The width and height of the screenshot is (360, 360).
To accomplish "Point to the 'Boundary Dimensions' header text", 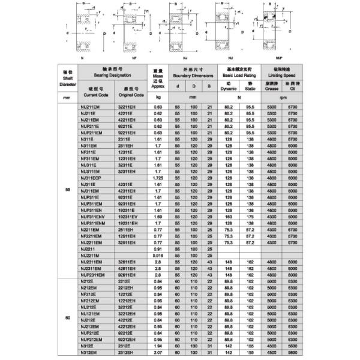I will tap(193, 76).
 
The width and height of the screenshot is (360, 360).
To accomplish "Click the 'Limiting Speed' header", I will tap(283, 76).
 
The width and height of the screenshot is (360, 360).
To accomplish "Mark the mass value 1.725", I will tap(158, 178).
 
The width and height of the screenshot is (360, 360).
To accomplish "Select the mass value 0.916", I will tap(158, 255).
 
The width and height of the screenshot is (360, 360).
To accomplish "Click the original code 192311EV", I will tap(131, 217).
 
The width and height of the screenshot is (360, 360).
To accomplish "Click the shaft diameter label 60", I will tap(68, 318).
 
